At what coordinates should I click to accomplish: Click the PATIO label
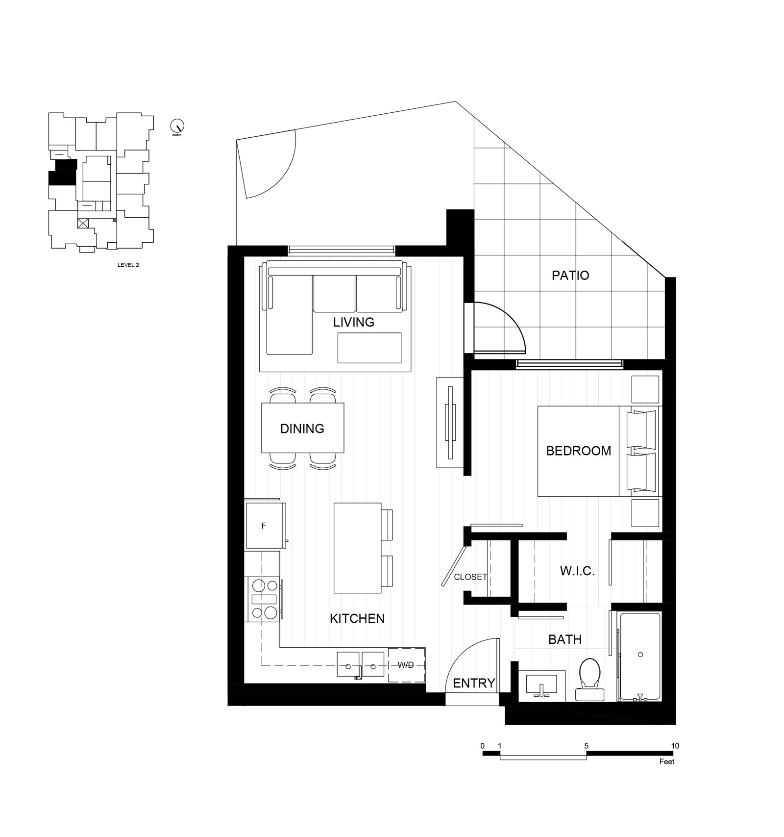point(570,276)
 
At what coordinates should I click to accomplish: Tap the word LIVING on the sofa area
point(353,322)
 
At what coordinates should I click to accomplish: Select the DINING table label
point(302,429)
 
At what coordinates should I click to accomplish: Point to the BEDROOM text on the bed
point(578,451)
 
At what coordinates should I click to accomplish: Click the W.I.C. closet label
point(577,571)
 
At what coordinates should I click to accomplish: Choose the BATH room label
point(565,639)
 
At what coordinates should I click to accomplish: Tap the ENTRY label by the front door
point(474,683)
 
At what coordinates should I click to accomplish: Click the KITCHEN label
point(357,619)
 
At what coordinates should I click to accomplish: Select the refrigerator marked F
point(264,526)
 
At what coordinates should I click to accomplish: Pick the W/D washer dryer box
point(406,665)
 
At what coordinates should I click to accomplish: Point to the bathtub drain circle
point(640,655)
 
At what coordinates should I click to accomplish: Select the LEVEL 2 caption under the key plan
point(128,265)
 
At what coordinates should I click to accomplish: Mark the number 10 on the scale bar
point(675,746)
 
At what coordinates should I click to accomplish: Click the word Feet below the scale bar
point(666,761)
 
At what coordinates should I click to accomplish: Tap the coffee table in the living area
point(369,348)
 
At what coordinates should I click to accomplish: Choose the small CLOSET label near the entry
point(470,577)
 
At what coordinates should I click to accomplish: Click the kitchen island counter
point(357,548)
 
